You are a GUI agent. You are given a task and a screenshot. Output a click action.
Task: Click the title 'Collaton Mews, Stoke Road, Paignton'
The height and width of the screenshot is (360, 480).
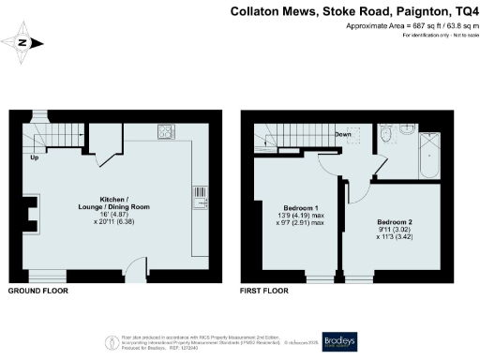click(353, 11)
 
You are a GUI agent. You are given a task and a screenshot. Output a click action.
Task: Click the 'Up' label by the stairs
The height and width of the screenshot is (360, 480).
click(36, 157)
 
